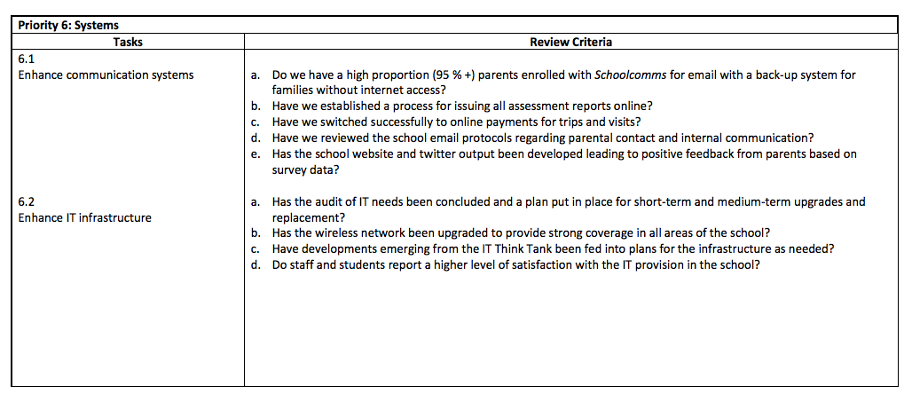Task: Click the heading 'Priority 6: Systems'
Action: [68, 26]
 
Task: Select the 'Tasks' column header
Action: [128, 42]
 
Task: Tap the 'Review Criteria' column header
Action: [570, 42]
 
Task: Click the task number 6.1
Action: [26, 58]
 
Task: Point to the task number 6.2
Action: [26, 201]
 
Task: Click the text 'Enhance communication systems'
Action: [106, 75]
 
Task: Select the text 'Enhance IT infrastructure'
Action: [84, 217]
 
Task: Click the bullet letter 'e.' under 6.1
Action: [255, 154]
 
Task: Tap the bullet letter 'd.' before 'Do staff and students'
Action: [255, 265]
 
